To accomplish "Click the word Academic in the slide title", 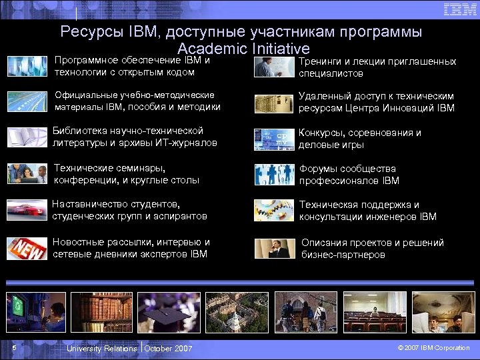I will tap(212, 49).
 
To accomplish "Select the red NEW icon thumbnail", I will tap(27, 248).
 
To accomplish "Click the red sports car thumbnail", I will tap(27, 210).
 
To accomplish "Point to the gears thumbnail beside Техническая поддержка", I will tap(274, 210).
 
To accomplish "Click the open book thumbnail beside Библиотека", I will tap(27, 137).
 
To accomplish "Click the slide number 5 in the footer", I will tap(14, 347).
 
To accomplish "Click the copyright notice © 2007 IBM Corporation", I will tap(433, 348).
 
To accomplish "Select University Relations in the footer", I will tap(102, 348).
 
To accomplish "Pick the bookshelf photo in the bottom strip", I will tap(101, 312).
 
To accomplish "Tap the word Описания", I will tap(325, 243).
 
